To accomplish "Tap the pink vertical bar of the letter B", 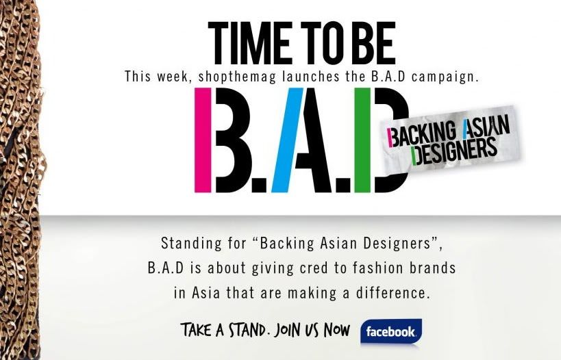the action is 203,140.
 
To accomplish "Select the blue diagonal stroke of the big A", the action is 287,140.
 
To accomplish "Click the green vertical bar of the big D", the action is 362,140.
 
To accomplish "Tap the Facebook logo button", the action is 391,332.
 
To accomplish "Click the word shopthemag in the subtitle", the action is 237,77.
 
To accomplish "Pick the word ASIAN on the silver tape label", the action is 486,127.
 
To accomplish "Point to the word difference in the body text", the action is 392,293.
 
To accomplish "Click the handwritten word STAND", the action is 247,330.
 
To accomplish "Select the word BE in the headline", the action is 373,42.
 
